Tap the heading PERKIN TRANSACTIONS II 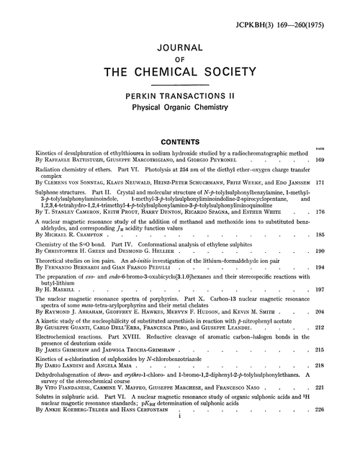(179, 96)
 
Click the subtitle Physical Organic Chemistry (179, 108)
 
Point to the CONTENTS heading (179, 142)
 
